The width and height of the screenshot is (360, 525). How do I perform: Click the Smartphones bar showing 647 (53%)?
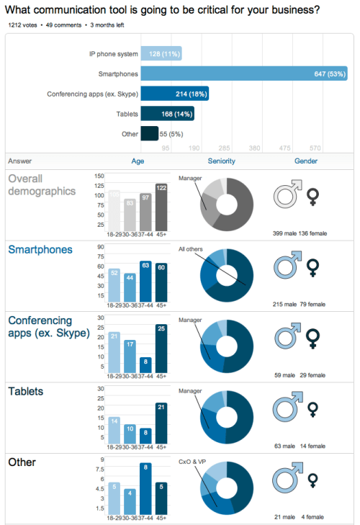click(244, 73)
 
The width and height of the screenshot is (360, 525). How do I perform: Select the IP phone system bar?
click(161, 53)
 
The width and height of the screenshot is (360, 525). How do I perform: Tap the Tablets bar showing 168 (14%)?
click(168, 114)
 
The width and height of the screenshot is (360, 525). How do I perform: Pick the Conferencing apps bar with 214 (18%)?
click(175, 94)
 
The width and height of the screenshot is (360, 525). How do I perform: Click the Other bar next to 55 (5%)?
click(150, 134)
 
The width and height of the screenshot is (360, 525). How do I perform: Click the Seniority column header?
click(222, 161)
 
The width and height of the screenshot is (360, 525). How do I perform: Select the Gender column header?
click(306, 161)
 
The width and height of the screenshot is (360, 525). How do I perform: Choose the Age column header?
click(138, 161)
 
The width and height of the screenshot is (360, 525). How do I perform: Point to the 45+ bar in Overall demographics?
click(161, 207)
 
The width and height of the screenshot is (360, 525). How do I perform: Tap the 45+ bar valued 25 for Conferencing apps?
click(161, 349)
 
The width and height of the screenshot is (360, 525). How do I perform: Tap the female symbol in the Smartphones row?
click(312, 269)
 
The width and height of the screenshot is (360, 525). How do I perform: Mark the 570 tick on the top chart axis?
click(315, 148)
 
